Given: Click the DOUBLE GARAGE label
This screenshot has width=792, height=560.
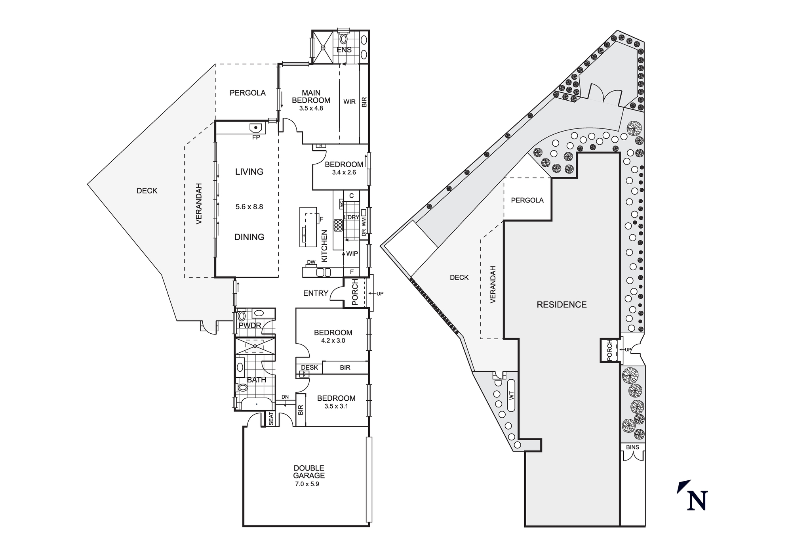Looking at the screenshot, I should (309, 472).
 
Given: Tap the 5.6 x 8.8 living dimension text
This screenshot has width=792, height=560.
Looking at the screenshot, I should (249, 206).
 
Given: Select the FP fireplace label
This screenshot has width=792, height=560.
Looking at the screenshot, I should (256, 137).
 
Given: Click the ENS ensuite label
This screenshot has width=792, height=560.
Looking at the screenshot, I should (344, 50).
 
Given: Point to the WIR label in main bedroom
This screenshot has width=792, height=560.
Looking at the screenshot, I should (349, 102).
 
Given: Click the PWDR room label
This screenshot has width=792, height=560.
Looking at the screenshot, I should (250, 325).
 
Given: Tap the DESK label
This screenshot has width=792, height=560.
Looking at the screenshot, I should (309, 367).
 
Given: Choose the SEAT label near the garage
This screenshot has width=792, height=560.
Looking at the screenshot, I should (271, 419).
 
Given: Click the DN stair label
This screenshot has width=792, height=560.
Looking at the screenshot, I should (285, 397).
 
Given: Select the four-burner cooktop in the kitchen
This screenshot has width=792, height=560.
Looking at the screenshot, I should (338, 225).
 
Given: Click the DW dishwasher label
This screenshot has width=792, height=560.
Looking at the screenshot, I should (311, 262).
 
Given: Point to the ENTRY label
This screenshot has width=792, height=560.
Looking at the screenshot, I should (316, 293).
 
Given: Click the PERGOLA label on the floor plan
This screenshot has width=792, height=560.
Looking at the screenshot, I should (247, 93).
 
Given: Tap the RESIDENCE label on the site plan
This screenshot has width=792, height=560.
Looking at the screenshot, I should (562, 304).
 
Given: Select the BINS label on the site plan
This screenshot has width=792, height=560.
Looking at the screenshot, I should (632, 447).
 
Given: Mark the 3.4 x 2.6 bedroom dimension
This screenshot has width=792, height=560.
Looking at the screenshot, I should (344, 172).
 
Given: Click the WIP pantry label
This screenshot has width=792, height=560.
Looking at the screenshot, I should (352, 254).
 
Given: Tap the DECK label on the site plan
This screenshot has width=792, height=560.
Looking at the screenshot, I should (459, 277).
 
